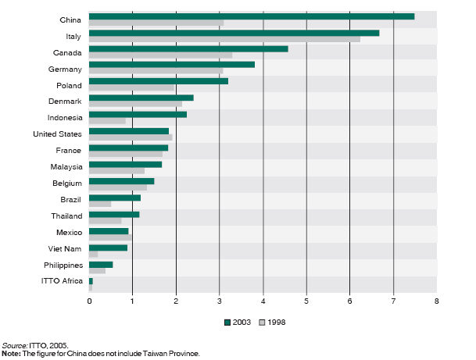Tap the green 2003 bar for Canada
click(188, 48)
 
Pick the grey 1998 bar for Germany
click(156, 71)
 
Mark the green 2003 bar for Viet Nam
click(108, 248)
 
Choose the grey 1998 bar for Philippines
click(97, 270)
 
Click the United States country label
click(60, 134)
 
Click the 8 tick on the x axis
click(436, 301)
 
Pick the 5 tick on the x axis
click(306, 301)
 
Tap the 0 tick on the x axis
click(89, 301)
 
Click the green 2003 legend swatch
click(227, 322)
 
